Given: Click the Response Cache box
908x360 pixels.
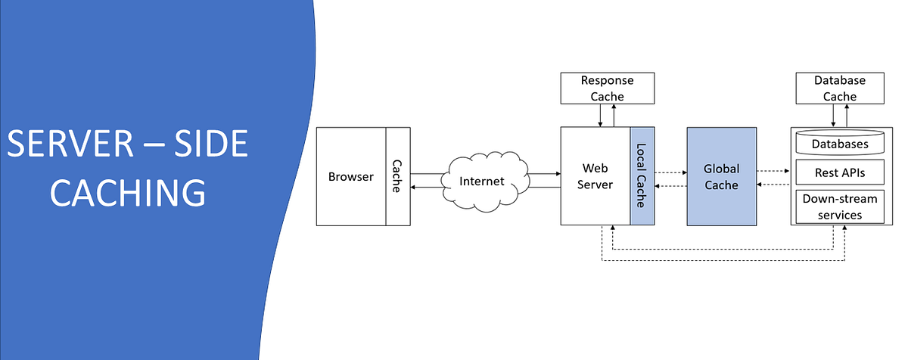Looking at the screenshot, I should (607, 88).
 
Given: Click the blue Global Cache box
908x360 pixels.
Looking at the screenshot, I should (721, 176).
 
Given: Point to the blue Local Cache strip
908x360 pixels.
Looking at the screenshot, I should (641, 176).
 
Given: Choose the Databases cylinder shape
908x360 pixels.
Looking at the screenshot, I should (839, 143).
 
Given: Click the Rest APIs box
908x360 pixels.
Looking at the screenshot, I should (839, 172).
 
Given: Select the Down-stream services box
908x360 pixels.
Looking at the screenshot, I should (839, 206).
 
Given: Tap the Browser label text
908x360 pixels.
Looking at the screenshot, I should (350, 177).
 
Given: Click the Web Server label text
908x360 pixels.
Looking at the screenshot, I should (595, 176).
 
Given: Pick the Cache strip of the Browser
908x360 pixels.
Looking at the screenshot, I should (396, 176).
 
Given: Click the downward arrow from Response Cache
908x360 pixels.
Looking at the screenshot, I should (600, 115).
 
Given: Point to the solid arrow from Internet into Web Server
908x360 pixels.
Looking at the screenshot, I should (543, 174).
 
